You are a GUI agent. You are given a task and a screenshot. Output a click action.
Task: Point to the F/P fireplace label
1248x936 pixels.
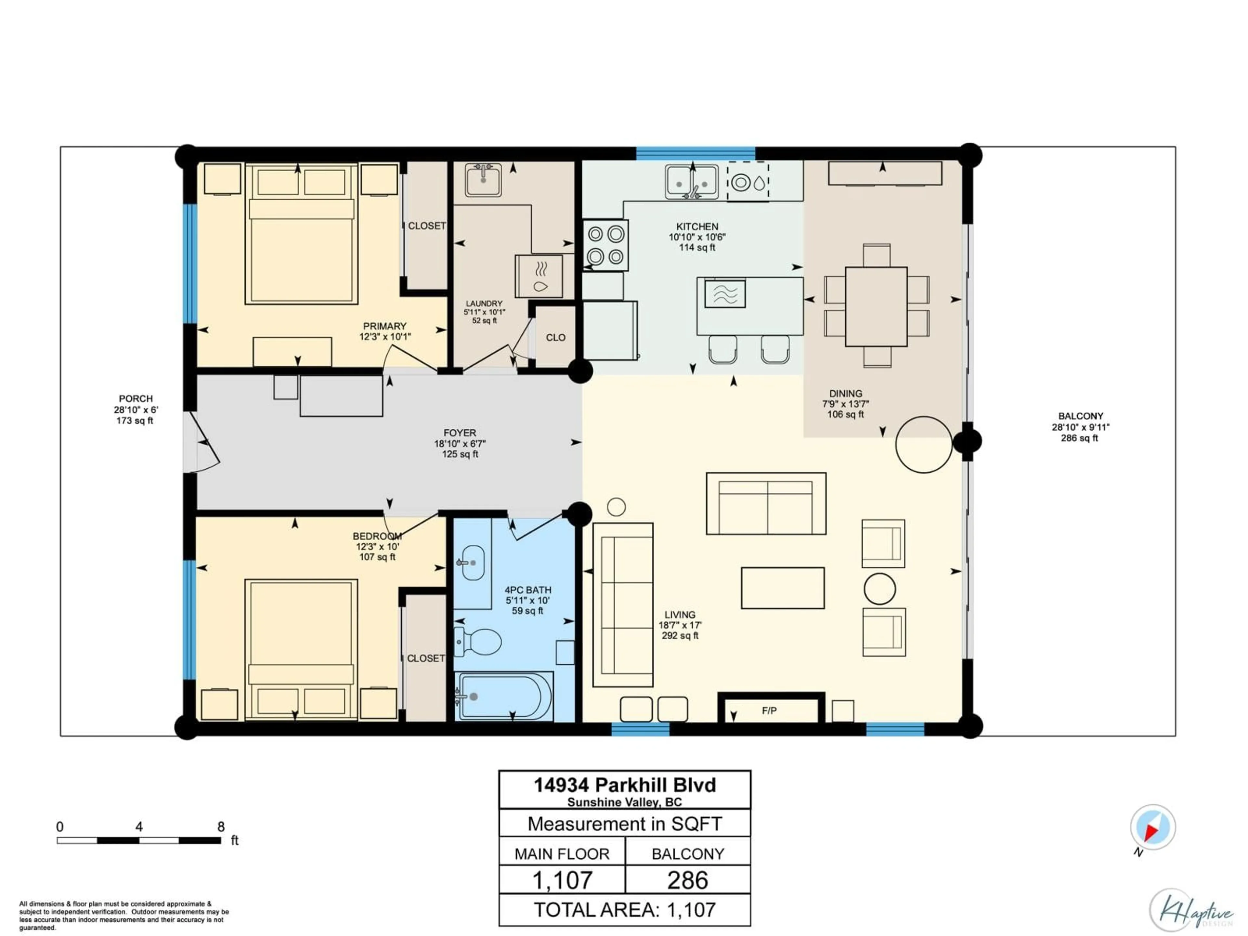[x=769, y=711]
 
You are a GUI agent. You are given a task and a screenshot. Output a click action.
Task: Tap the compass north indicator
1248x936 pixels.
[x=1153, y=827]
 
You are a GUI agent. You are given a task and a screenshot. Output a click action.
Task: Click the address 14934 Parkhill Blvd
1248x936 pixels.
[x=625, y=785]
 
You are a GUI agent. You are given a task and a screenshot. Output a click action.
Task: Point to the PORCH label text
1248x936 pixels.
[x=136, y=398]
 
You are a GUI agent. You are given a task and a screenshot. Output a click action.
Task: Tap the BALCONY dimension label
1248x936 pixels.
[x=1080, y=427]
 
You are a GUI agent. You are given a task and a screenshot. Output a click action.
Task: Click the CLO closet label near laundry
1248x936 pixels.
[x=555, y=337]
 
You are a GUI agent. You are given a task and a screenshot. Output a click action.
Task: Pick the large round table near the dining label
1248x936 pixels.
[x=924, y=444]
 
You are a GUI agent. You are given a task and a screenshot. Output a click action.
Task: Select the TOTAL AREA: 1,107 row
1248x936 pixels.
[x=625, y=909]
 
